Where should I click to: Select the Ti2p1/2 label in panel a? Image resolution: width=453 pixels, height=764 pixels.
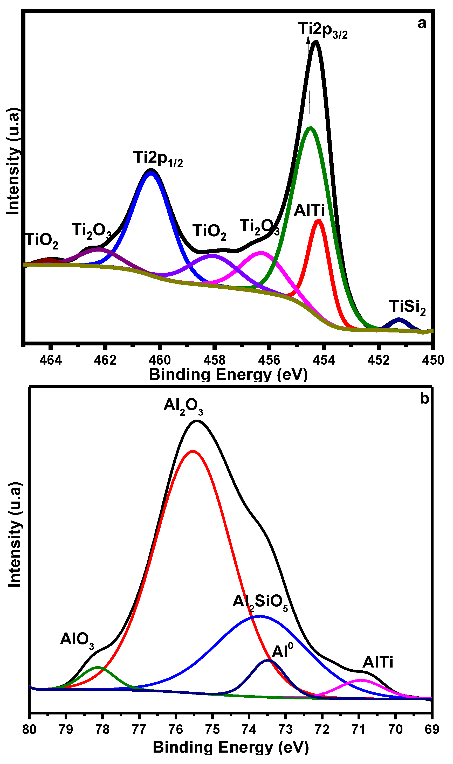tap(158, 159)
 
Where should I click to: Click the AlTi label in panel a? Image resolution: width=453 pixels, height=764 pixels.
tap(309, 211)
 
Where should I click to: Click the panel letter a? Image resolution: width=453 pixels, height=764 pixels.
tap(422, 24)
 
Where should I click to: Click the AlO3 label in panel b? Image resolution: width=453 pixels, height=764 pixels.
tap(77, 639)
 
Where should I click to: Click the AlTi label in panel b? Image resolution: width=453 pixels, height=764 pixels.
tap(378, 662)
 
